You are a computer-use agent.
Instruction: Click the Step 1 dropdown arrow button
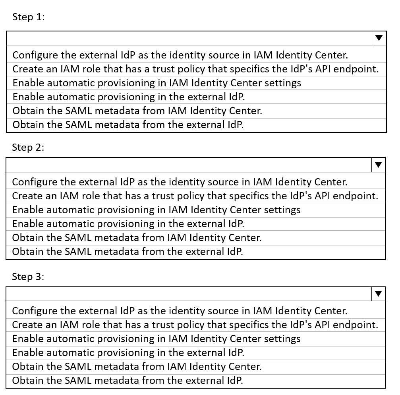click(x=379, y=38)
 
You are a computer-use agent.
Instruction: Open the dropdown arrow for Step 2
click(x=379, y=165)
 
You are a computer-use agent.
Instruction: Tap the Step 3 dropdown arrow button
click(x=379, y=294)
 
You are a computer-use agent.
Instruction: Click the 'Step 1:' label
click(x=29, y=17)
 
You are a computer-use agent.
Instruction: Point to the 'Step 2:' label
click(x=28, y=147)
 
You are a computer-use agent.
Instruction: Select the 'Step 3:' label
click(x=28, y=277)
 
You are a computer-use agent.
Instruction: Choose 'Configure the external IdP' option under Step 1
click(x=180, y=55)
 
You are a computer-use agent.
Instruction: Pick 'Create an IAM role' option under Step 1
click(x=195, y=69)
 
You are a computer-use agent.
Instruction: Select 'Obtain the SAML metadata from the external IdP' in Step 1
click(x=128, y=125)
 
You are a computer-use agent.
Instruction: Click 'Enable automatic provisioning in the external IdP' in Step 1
click(x=129, y=97)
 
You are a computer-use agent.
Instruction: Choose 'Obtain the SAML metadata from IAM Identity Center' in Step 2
click(x=137, y=238)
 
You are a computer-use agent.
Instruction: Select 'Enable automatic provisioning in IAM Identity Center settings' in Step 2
click(x=156, y=210)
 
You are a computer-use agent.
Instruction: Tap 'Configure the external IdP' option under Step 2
click(x=180, y=182)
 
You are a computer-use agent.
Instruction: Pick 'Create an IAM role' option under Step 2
click(x=195, y=196)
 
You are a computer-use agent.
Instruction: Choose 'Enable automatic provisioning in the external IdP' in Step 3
click(x=128, y=352)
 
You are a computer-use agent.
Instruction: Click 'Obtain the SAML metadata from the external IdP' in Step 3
click(x=127, y=380)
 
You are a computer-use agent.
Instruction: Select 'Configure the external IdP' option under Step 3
click(x=180, y=311)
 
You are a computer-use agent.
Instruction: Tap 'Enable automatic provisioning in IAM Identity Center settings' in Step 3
click(x=156, y=339)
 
